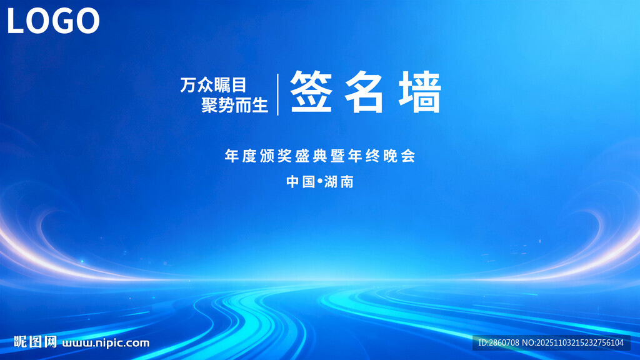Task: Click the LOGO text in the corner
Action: [x=53, y=21]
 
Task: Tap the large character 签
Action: [x=311, y=92]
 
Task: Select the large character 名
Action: [x=365, y=92]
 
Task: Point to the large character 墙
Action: [x=420, y=92]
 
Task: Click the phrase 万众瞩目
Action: [x=214, y=85]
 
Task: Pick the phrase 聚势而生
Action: [x=234, y=105]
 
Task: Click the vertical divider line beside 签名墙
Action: [x=278, y=94]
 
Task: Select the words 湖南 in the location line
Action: [x=339, y=182]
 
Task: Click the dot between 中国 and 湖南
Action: [x=319, y=181]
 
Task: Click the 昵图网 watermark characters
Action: [x=36, y=342]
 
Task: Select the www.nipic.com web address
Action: [x=106, y=342]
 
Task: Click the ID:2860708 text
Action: [x=498, y=342]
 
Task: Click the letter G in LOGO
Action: [x=67, y=21]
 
